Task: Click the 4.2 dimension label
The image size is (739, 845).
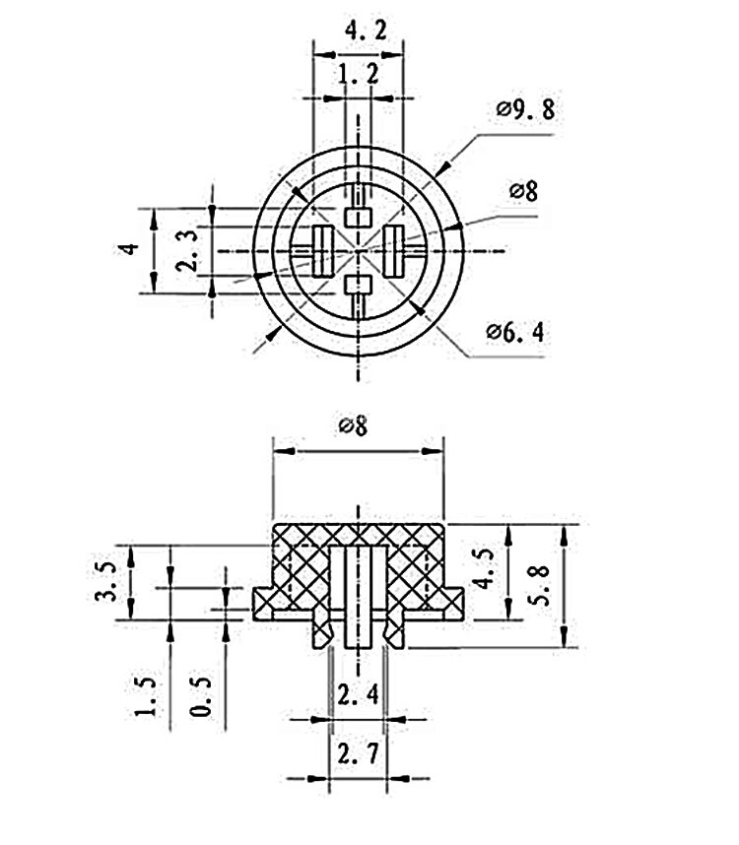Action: tap(358, 31)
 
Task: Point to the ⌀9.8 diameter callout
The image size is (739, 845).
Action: tap(525, 109)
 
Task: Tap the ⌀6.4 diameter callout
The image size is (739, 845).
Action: tap(514, 332)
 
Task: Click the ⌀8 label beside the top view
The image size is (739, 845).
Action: tap(523, 191)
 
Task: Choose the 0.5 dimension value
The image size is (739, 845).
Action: tap(201, 697)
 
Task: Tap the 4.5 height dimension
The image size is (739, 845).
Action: tap(484, 570)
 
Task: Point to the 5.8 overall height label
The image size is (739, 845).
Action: tap(538, 584)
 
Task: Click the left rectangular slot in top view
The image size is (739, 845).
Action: tap(321, 250)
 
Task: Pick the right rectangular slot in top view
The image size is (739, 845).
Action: tap(393, 250)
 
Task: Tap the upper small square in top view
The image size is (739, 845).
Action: tap(358, 216)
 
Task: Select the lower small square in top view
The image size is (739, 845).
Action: tap(358, 286)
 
